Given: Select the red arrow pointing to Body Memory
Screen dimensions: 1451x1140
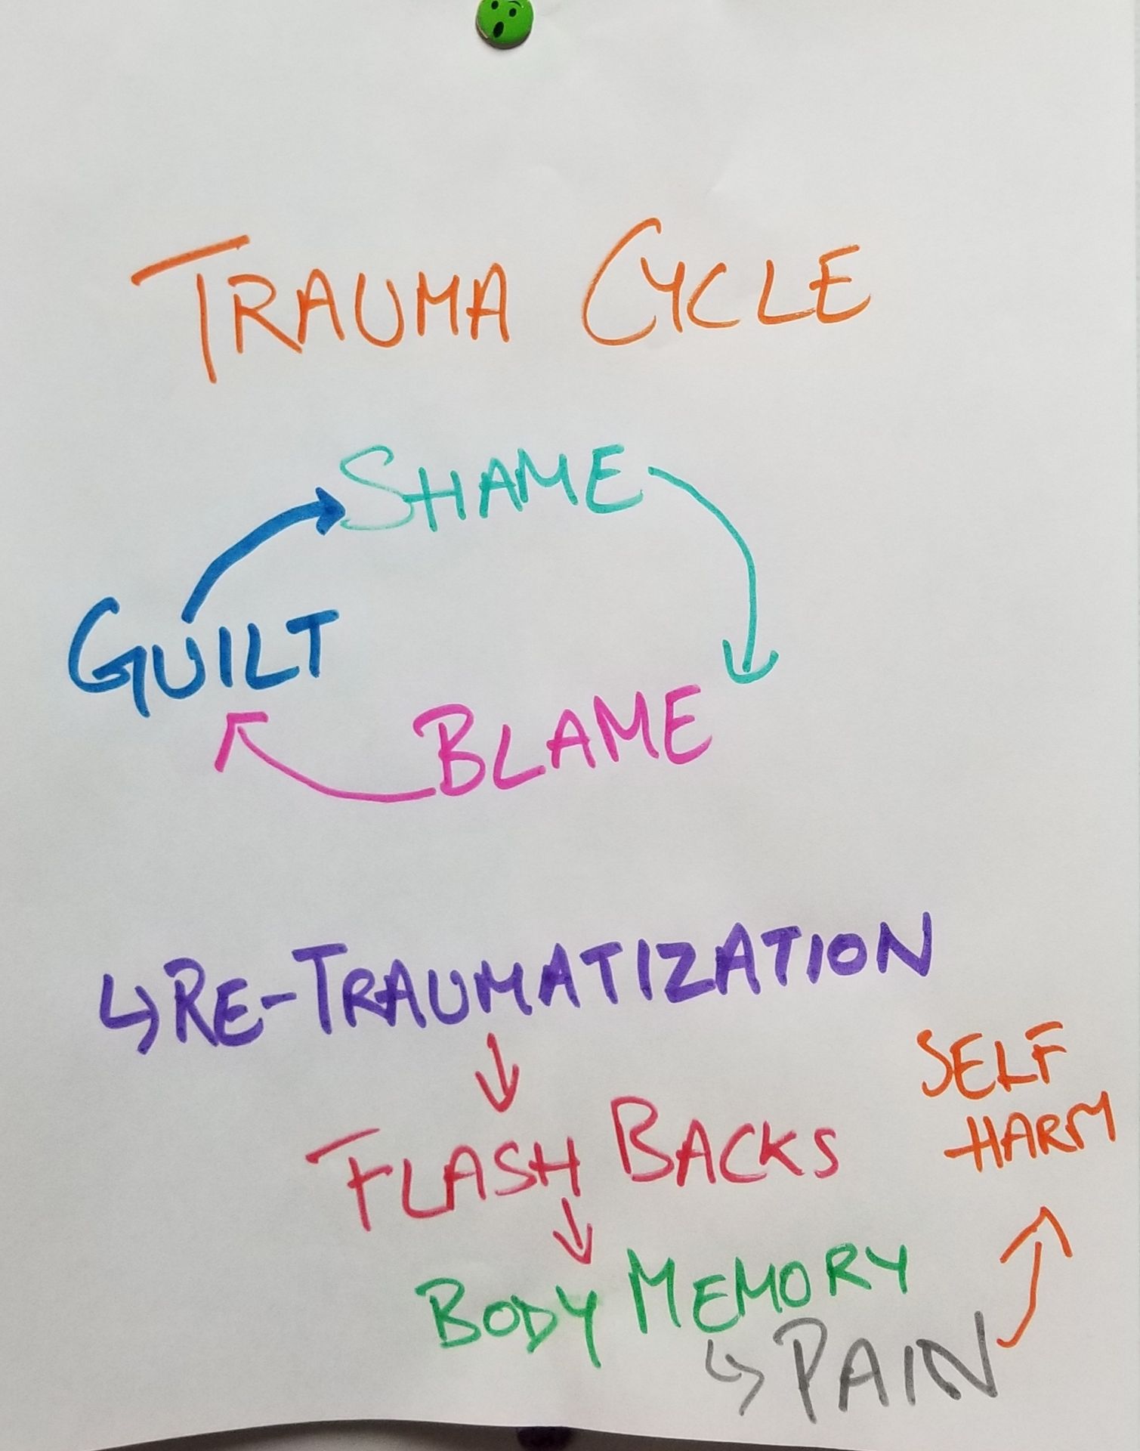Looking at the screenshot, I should [x=574, y=1228].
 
